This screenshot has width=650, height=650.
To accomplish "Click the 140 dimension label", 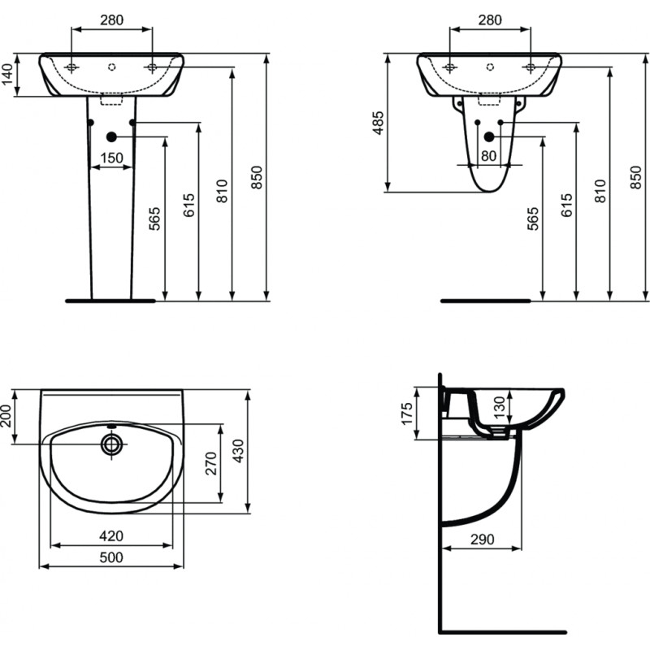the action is click(8, 75).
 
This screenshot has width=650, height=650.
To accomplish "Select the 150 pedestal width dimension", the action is click(112, 158).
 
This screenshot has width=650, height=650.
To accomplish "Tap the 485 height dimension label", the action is click(378, 123).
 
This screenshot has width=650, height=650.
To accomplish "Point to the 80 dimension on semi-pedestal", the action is click(489, 156).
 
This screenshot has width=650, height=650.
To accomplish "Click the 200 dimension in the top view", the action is click(6, 416).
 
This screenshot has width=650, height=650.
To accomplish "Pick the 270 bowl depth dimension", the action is click(211, 463).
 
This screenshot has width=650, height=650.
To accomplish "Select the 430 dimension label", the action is click(238, 451).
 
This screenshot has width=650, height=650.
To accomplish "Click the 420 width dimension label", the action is click(111, 536).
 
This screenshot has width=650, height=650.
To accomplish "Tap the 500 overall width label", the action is click(111, 557).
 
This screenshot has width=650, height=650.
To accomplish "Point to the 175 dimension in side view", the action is click(408, 414).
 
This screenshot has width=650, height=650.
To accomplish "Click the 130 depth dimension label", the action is click(500, 407).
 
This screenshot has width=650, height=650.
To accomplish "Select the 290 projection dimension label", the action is click(483, 539).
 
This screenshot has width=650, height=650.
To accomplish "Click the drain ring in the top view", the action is click(111, 444).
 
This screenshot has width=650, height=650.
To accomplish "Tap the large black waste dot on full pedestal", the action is click(111, 136).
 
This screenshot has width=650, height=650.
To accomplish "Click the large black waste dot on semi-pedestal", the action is click(489, 136).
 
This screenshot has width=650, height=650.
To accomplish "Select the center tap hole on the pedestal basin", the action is click(111, 67).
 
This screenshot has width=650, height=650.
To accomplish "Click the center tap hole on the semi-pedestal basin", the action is click(490, 67).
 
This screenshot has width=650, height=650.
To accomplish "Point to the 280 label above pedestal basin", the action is click(112, 19).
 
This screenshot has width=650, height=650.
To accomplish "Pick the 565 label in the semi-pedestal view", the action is click(533, 219).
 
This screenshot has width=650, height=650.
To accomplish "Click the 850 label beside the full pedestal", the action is click(258, 177).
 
